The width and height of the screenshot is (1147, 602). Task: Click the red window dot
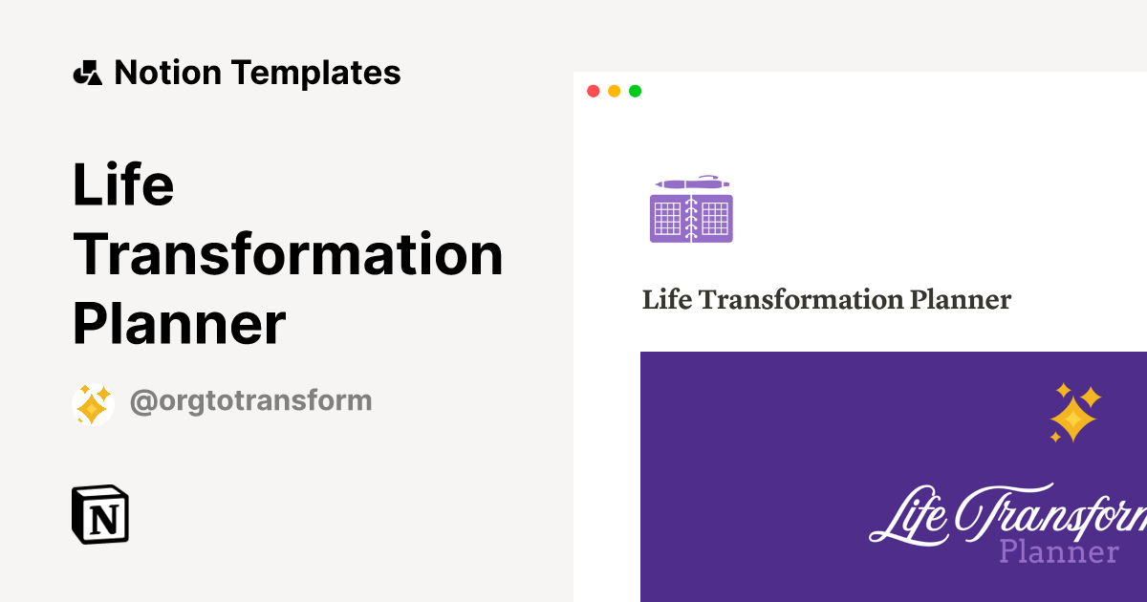pos(593,92)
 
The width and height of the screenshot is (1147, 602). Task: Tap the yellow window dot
pos(614,92)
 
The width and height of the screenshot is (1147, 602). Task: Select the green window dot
pos(635,92)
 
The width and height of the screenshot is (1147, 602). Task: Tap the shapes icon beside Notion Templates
pos(88,73)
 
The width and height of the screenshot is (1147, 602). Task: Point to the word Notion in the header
pos(168,73)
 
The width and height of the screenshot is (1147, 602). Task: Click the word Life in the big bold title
pos(123,185)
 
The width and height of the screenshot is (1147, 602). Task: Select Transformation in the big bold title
pos(288,254)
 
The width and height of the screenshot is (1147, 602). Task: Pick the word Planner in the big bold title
pos(179,324)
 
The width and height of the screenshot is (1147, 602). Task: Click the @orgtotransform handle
pos(250,400)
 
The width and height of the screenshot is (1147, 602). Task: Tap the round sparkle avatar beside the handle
pos(93,404)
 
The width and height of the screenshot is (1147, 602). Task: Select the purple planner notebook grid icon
pos(691,218)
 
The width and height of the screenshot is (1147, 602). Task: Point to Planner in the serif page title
pos(960,300)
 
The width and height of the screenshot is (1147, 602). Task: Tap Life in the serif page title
pos(665,300)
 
